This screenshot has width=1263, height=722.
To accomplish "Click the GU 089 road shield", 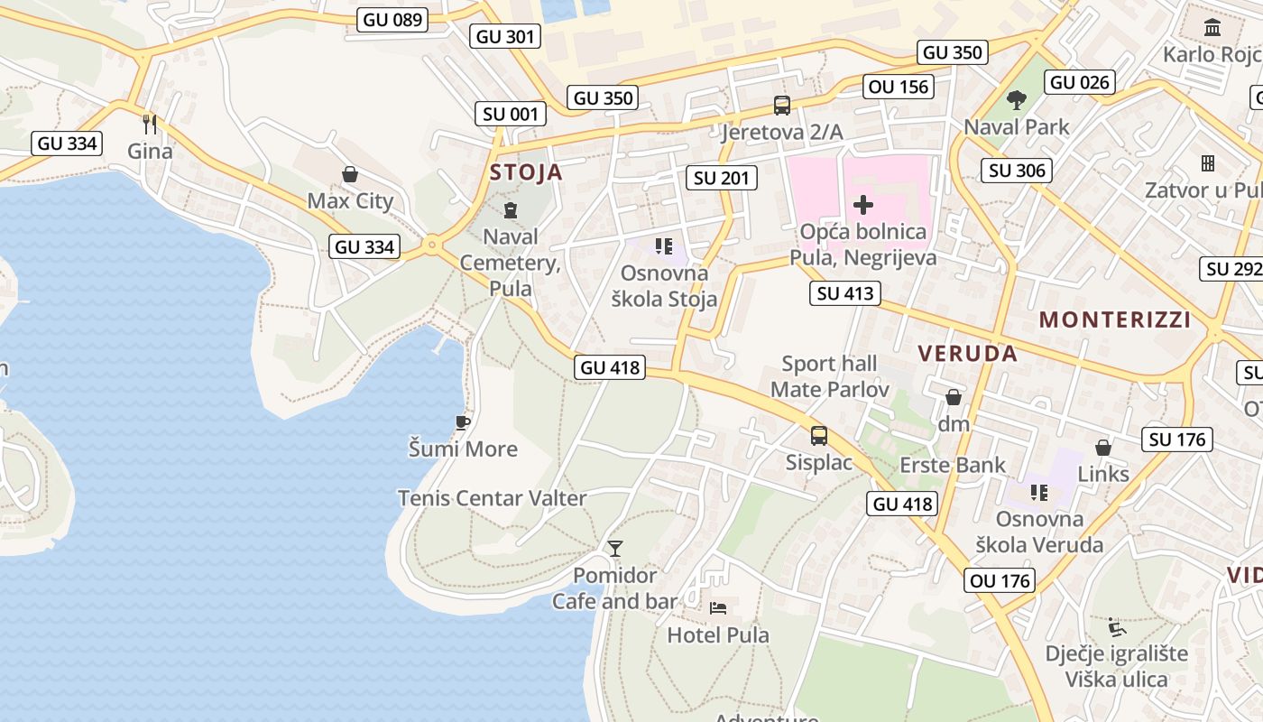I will coord(392,19).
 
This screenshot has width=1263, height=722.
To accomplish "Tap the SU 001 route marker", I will coord(511,114).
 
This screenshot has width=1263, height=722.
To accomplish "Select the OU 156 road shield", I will coord(898,87).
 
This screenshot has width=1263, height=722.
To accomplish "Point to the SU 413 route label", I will coord(844,292).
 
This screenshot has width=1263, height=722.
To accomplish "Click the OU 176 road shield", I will coord(1000,580).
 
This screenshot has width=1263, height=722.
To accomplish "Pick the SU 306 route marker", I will coord(1017,171).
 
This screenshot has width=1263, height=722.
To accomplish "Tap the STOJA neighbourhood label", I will coord(526,172).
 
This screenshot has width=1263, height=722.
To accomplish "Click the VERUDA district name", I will coord(968,353).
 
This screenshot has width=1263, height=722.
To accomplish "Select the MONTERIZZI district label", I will coord(1115,319).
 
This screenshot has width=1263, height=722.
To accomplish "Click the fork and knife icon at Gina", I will coord(150,124).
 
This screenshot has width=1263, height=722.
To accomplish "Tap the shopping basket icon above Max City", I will coord(350,174).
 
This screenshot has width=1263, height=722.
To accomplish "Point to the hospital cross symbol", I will coord(863,205).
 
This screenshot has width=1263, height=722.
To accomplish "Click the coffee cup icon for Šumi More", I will coord(463,422).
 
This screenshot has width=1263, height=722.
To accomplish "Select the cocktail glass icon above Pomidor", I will coord(615,548).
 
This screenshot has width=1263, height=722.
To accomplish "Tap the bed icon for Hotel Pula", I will coord(718,607).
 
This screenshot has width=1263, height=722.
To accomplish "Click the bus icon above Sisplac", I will coord(819,436).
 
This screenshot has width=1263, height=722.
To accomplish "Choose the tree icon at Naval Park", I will coord(1017,99).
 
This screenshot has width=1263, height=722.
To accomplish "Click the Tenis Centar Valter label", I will coord(492,498).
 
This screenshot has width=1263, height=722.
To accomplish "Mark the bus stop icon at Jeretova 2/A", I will coord(782,106).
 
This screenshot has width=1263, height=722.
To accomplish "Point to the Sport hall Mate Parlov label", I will coord(829,376).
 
